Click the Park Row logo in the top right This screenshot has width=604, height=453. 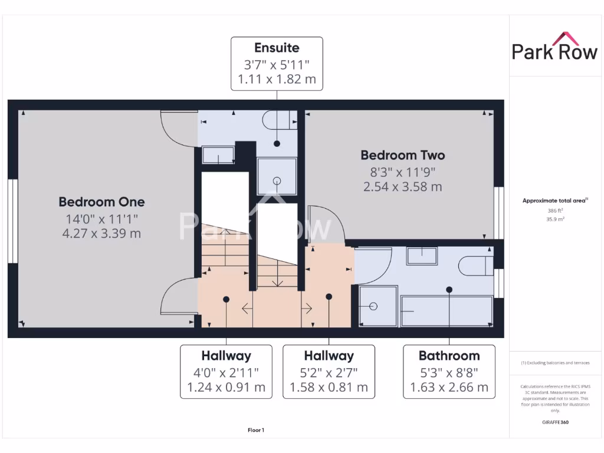pyautogui.click(x=554, y=47)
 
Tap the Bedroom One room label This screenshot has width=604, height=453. pyautogui.click(x=101, y=202)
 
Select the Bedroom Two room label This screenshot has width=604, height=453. pyautogui.click(x=403, y=156)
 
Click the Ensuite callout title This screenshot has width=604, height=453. pyautogui.click(x=277, y=48)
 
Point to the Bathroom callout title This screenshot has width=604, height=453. pyautogui.click(x=449, y=356)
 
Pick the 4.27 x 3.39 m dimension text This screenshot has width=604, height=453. pyautogui.click(x=101, y=233)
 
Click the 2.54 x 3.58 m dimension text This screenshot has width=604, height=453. pyautogui.click(x=403, y=187)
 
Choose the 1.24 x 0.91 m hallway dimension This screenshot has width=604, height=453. pyautogui.click(x=226, y=388)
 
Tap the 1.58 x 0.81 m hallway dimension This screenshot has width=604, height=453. pyautogui.click(x=329, y=388)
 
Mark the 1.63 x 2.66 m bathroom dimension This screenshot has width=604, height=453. pyautogui.click(x=449, y=388)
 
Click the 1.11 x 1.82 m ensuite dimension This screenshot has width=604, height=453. pyautogui.click(x=277, y=79)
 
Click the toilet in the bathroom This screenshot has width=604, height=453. pyautogui.click(x=475, y=266)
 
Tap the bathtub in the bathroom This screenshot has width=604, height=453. pyautogui.click(x=447, y=310)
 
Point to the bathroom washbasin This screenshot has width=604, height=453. pyautogui.click(x=421, y=256)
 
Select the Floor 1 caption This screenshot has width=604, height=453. pyautogui.click(x=256, y=431)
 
